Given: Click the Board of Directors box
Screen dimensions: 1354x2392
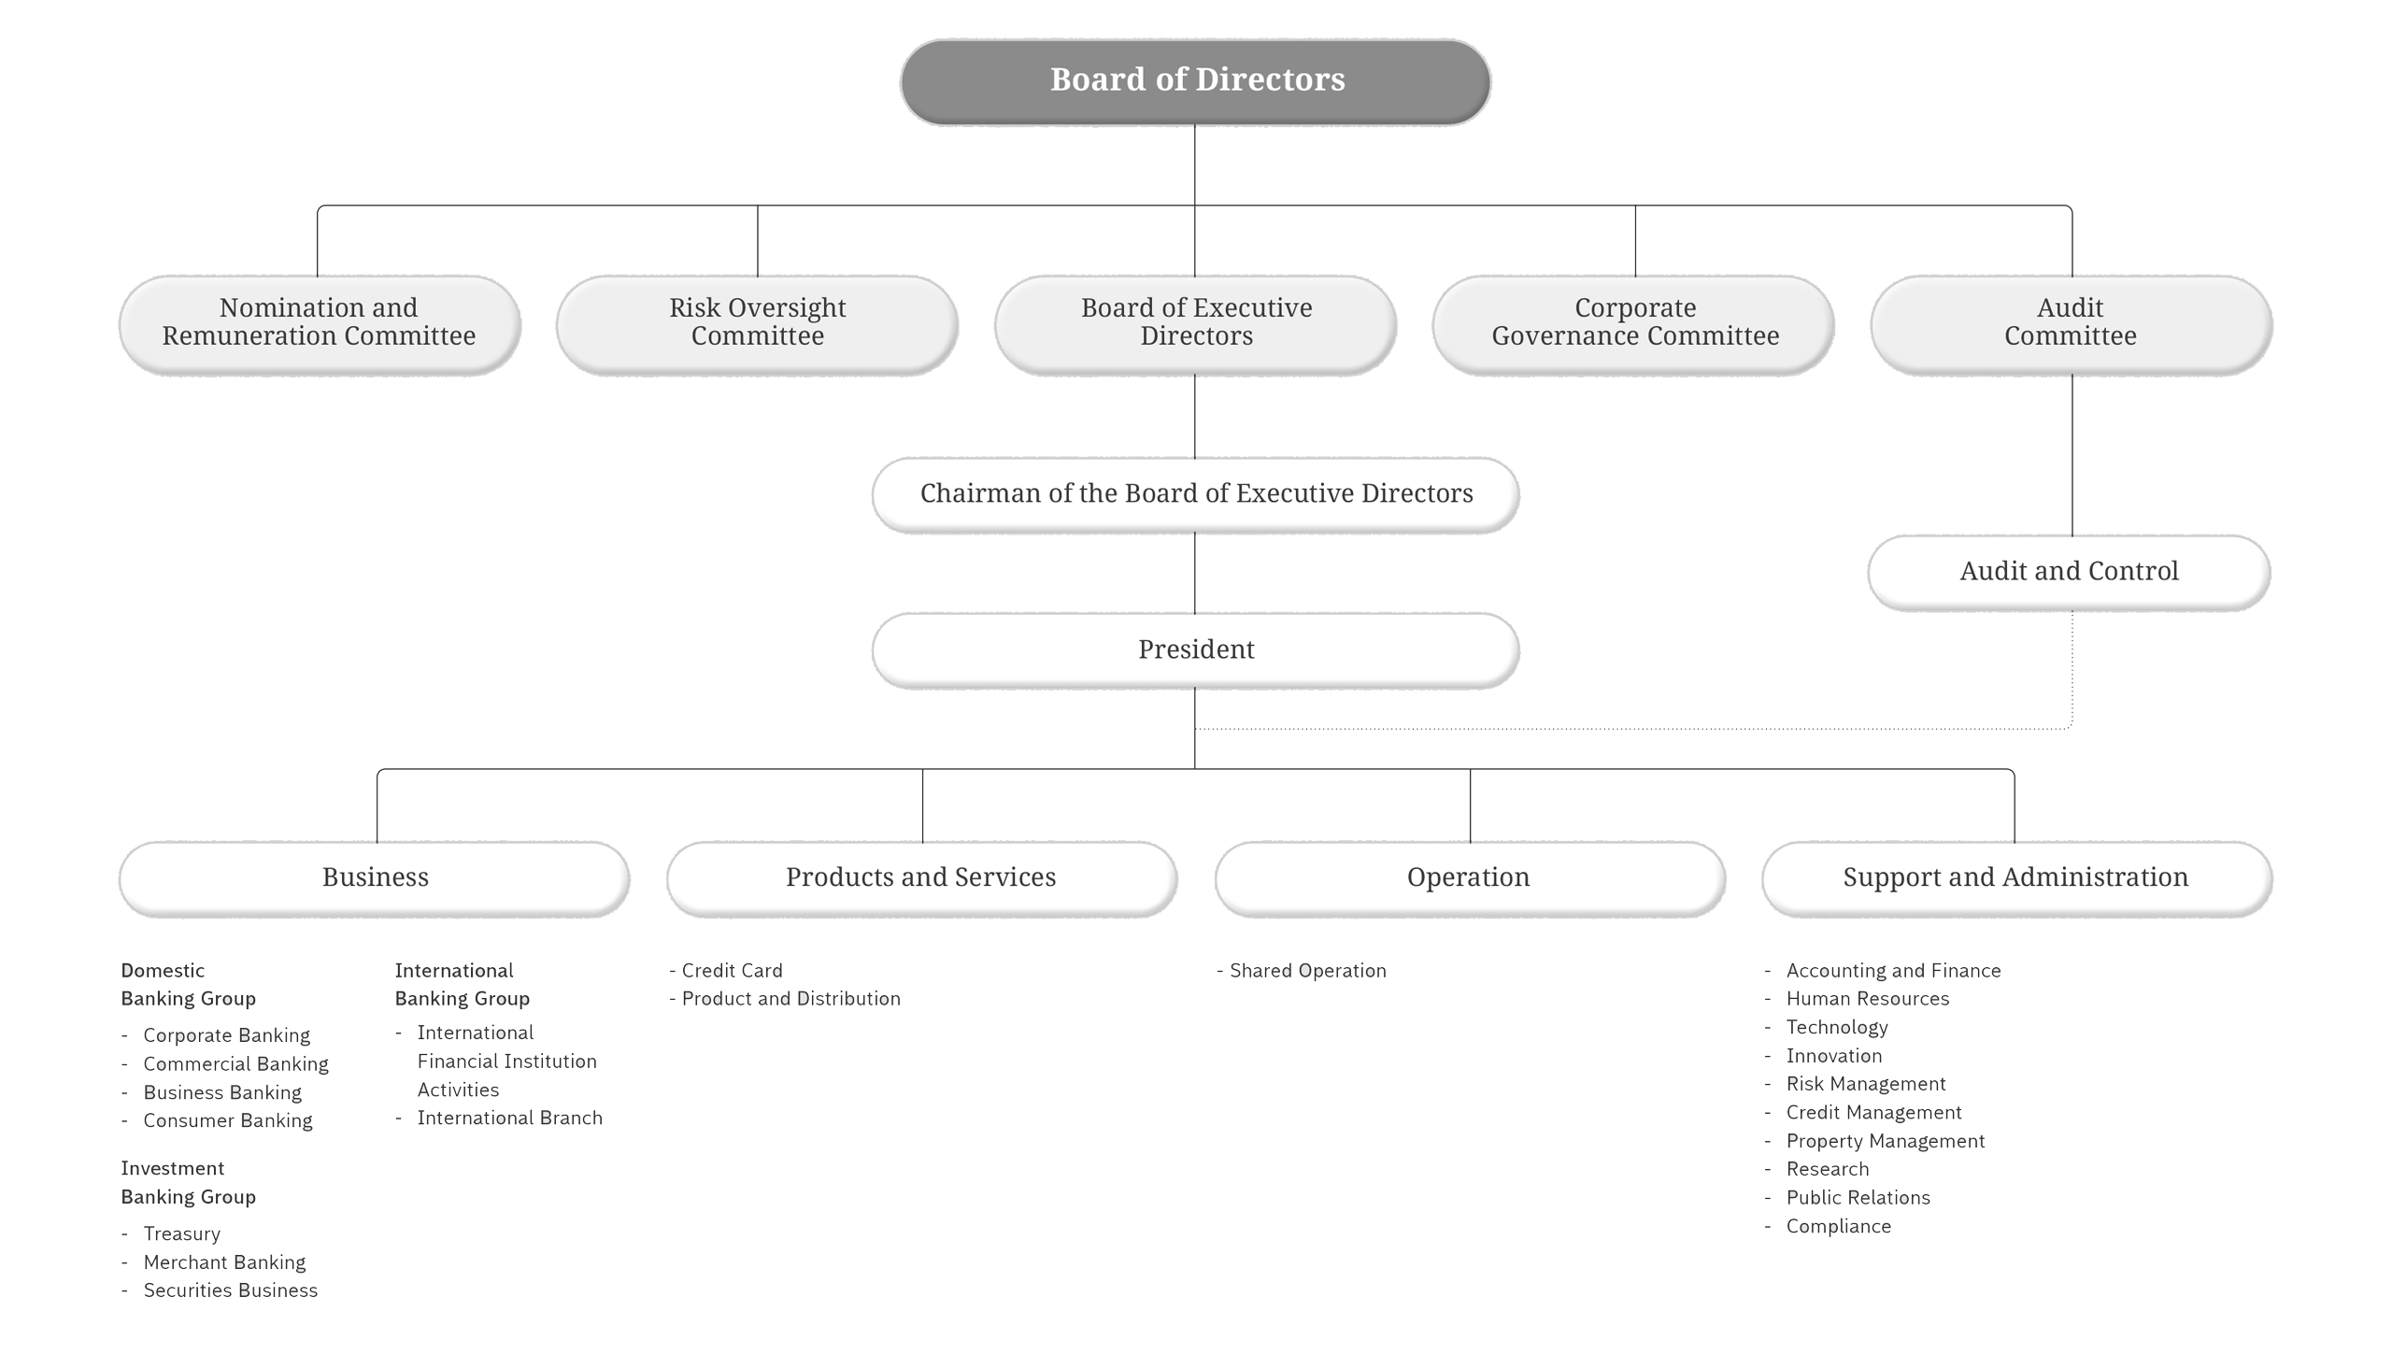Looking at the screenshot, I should pyautogui.click(x=1195, y=80).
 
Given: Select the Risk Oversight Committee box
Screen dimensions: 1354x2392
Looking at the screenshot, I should pyautogui.click(x=757, y=322).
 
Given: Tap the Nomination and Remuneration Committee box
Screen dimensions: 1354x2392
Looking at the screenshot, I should pyautogui.click(x=319, y=322).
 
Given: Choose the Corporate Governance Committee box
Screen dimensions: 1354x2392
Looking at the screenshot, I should pyautogui.click(x=1634, y=322).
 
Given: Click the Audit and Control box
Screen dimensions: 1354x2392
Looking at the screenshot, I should pyautogui.click(x=2069, y=571).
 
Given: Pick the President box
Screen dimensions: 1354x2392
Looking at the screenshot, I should pyautogui.click(x=1195, y=649).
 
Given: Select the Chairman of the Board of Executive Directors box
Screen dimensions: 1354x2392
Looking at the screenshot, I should pyautogui.click(x=1195, y=493).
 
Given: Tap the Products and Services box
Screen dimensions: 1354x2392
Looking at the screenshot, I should pyautogui.click(x=920, y=877).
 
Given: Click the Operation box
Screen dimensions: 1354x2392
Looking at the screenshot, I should pyautogui.click(x=1468, y=877).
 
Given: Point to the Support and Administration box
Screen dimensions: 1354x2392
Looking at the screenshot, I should pyautogui.click(x=2015, y=877).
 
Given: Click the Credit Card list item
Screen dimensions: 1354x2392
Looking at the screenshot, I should pyautogui.click(x=731, y=971).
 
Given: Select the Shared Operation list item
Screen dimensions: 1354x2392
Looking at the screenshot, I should pyautogui.click(x=1306, y=971).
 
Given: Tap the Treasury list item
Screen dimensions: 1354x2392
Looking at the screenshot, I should pyautogui.click(x=181, y=1234).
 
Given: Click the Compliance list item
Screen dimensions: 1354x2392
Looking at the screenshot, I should pyautogui.click(x=1838, y=1227).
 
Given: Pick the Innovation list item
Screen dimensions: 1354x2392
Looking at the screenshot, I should pyautogui.click(x=1833, y=1056).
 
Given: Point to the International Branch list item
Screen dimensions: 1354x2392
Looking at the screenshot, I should pyautogui.click(x=509, y=1119).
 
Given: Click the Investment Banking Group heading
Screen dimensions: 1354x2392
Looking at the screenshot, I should pyautogui.click(x=188, y=1183).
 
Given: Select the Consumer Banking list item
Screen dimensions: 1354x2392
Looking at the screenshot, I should pyautogui.click(x=227, y=1120).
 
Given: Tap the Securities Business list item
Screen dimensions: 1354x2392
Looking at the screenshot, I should pyautogui.click(x=230, y=1290).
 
